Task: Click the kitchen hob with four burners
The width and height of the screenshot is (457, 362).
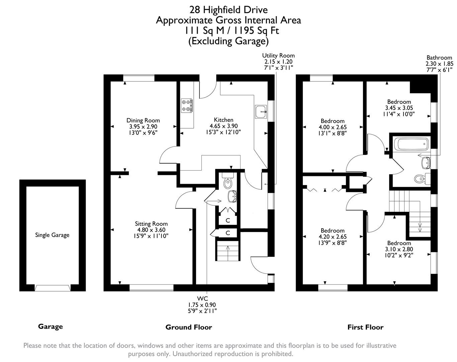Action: click(187, 105)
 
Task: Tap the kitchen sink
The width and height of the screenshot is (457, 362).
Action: click(261, 112)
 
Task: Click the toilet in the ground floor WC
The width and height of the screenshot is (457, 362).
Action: click(228, 182)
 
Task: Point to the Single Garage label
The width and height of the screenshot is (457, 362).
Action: click(52, 235)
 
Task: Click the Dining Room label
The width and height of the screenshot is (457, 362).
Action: click(143, 120)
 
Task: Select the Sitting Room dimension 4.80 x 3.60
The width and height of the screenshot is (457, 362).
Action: click(151, 230)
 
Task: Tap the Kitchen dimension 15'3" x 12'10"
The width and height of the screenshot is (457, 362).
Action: click(223, 132)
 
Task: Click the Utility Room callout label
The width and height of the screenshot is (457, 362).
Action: click(278, 56)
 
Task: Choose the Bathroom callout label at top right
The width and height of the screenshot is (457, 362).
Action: click(439, 58)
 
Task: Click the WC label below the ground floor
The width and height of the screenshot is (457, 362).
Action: click(202, 299)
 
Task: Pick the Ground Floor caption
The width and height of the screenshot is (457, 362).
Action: click(189, 327)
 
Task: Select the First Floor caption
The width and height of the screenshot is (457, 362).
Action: click(365, 327)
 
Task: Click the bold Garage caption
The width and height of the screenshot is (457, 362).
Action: click(50, 326)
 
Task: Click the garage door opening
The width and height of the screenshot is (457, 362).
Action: click(52, 288)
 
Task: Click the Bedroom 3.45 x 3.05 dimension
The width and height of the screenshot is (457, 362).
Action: click(399, 108)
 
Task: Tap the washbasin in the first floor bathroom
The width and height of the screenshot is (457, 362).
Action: click(426, 163)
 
